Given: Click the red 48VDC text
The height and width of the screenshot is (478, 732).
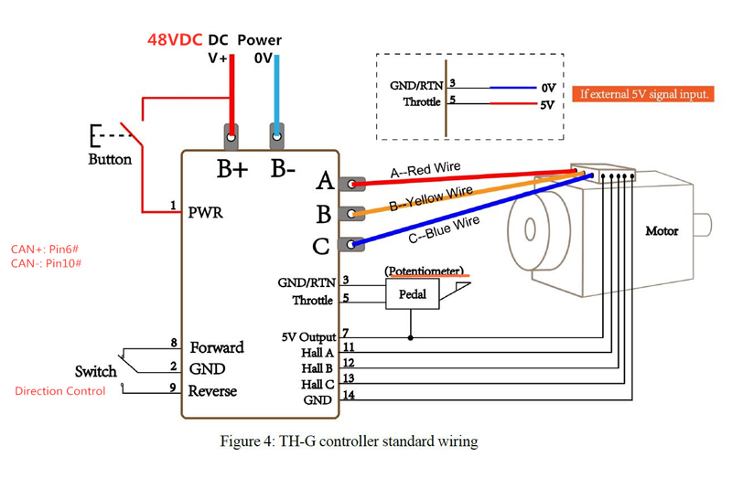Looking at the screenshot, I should (176, 40).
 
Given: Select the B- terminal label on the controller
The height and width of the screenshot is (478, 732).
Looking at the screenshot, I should (283, 169).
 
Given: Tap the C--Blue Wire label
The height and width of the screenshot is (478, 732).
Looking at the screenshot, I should (444, 229).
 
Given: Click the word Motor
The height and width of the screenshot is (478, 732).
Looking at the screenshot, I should (662, 231).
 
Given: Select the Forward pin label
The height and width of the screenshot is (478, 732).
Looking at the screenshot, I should (217, 347).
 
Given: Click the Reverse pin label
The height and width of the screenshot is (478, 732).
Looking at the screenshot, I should (212, 391).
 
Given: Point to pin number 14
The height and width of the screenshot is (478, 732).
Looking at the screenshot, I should (349, 395).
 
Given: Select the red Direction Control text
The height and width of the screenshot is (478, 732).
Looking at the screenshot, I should (60, 391).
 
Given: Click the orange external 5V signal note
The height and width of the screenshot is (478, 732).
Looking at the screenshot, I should (644, 94).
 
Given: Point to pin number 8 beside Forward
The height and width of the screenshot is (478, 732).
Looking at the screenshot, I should (174, 343).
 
